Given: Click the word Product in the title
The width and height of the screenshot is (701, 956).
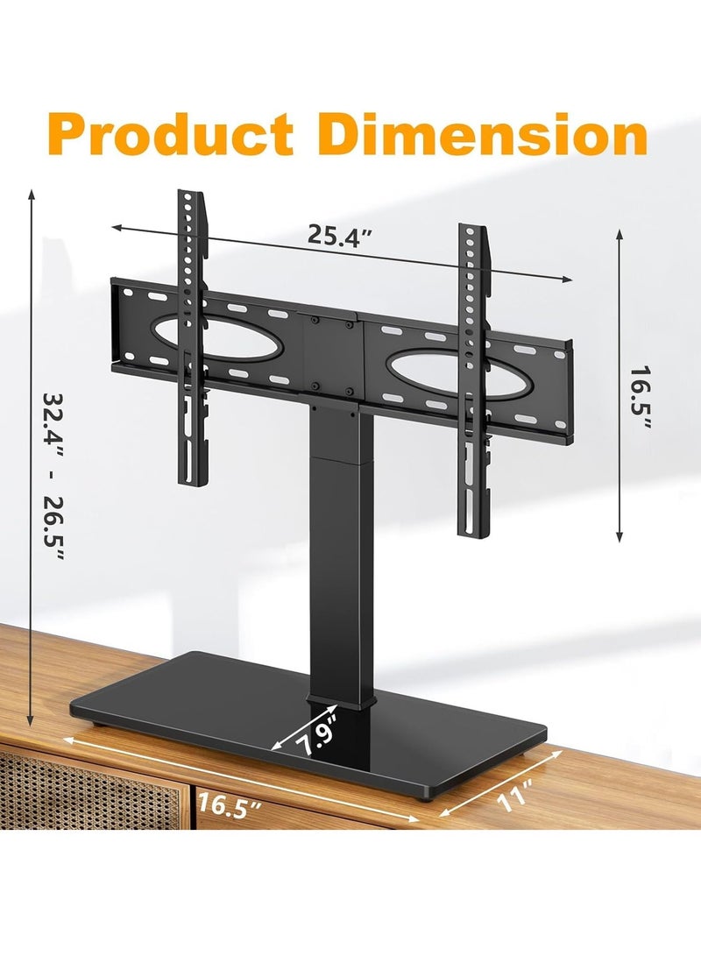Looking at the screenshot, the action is coord(170,135).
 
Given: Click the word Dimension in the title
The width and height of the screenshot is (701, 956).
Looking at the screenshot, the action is coord(482,134).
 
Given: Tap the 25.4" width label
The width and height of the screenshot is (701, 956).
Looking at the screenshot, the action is coord(339,235).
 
